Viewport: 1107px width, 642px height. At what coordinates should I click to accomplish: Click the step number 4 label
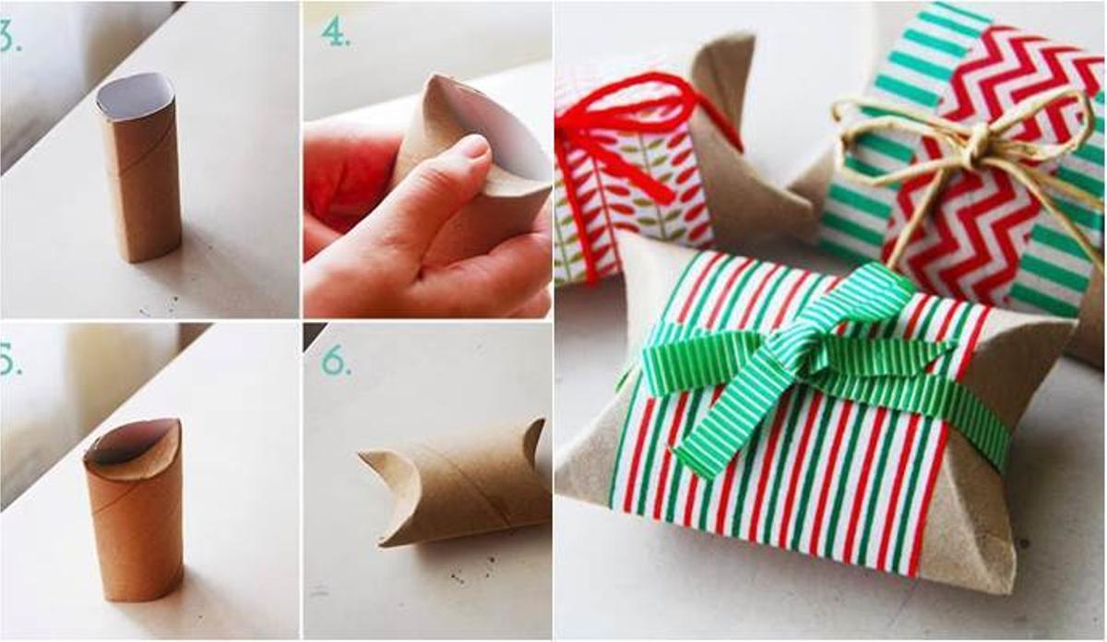click(x=335, y=32)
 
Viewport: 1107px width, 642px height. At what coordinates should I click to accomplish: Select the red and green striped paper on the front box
click(x=812, y=489)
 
